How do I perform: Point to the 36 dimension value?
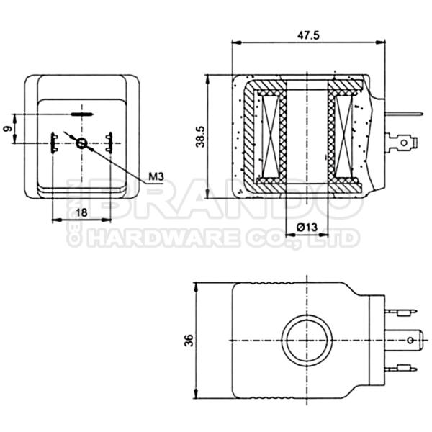coord(189,341)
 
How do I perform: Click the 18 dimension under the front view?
coord(81,212)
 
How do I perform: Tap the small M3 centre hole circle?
coord(81,143)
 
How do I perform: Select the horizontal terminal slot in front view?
coord(81,114)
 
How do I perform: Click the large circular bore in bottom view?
coord(308,339)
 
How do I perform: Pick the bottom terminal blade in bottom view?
coord(401,369)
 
